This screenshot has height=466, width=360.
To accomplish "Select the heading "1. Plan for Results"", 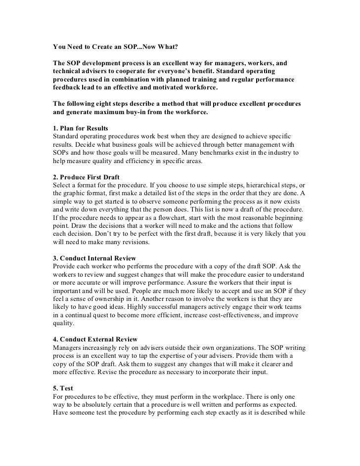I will (x=81, y=128).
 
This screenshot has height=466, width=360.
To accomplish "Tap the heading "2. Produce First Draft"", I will (x=86, y=176).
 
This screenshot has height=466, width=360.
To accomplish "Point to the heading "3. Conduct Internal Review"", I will (x=94, y=258).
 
